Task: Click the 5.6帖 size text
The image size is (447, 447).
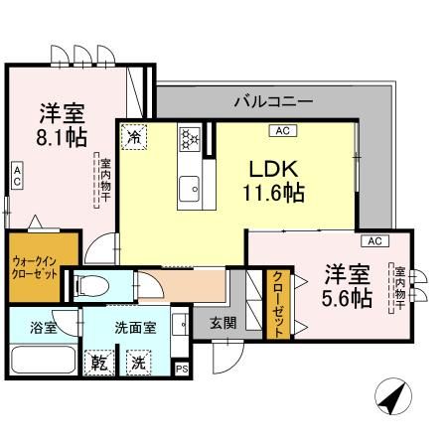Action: [x=347, y=296]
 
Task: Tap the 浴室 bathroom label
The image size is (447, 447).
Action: [x=42, y=326]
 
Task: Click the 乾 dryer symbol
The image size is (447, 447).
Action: [x=98, y=363]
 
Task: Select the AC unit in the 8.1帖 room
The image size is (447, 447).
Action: [x=16, y=177]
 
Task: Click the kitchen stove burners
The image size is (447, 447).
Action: [x=190, y=140]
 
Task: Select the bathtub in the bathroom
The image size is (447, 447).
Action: [x=42, y=360]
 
